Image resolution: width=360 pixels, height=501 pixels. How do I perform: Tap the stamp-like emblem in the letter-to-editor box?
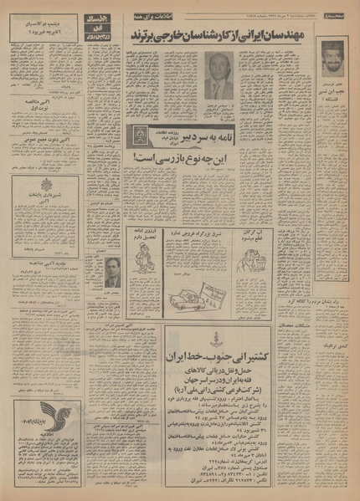[x=142, y=136]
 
